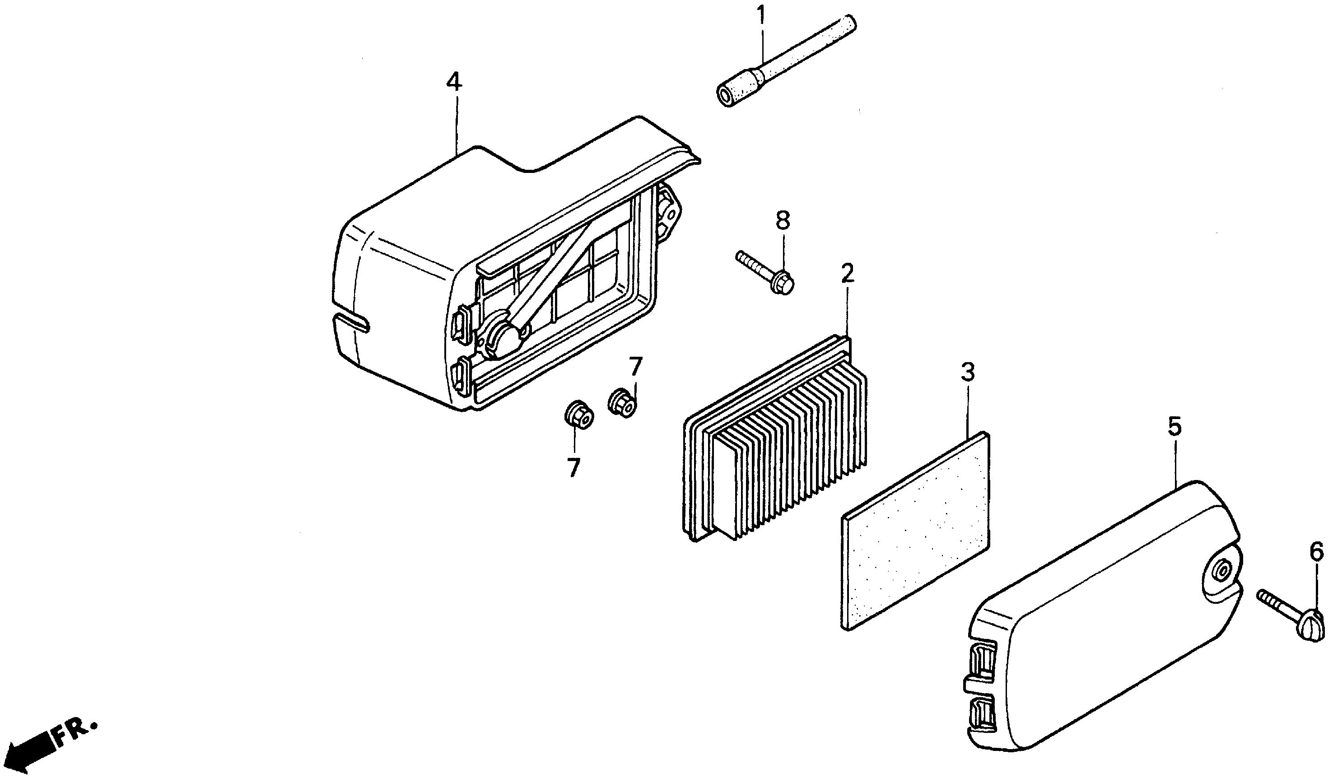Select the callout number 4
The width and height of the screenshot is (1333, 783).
[x=454, y=83]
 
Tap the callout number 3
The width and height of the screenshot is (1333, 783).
[x=968, y=373]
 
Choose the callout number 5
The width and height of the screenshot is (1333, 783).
[x=1175, y=427]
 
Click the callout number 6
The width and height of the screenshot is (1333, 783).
[x=1317, y=552]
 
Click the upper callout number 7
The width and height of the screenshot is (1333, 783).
[x=635, y=367]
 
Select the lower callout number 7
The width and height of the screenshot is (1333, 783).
[x=573, y=468]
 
